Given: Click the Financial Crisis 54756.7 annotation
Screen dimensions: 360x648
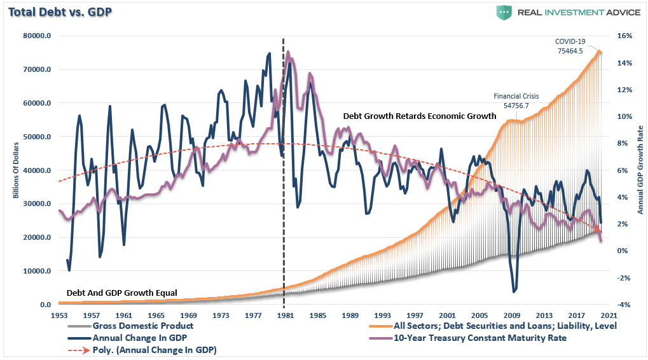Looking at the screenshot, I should [516, 100].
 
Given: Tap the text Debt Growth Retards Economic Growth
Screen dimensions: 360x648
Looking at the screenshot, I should [419, 116].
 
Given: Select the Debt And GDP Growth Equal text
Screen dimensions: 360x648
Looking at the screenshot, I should [122, 293].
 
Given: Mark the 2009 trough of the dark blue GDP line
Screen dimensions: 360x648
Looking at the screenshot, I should [514, 292].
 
